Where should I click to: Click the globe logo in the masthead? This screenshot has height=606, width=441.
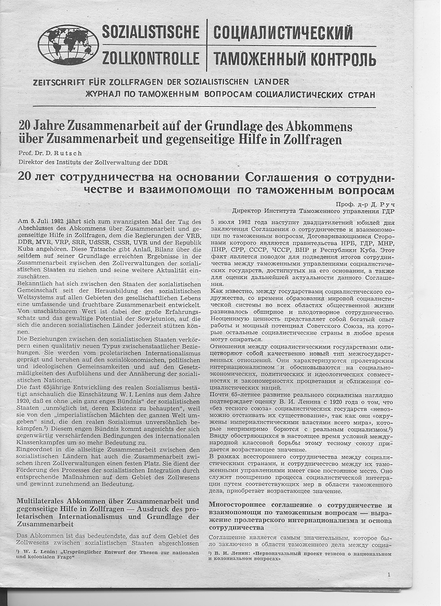pos(68,45)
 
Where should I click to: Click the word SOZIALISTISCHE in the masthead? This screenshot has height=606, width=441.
pos(150,32)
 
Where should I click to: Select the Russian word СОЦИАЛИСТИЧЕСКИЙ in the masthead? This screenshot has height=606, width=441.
pos(283,33)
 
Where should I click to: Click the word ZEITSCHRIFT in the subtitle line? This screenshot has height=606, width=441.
pos(57,82)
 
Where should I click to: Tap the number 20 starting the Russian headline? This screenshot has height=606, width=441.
pos(24,176)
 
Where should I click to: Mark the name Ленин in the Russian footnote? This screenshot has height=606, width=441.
pos(238,554)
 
